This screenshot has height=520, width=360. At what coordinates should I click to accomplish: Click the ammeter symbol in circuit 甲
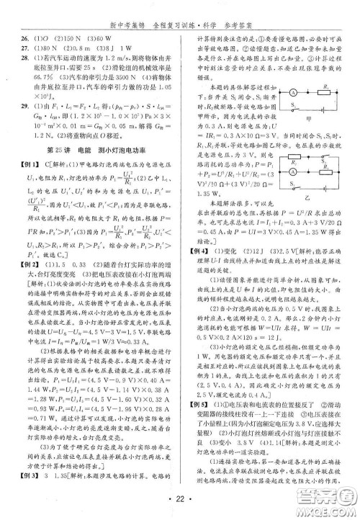(x=293, y=91)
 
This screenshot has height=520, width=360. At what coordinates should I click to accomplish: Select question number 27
(x=26, y=50)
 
